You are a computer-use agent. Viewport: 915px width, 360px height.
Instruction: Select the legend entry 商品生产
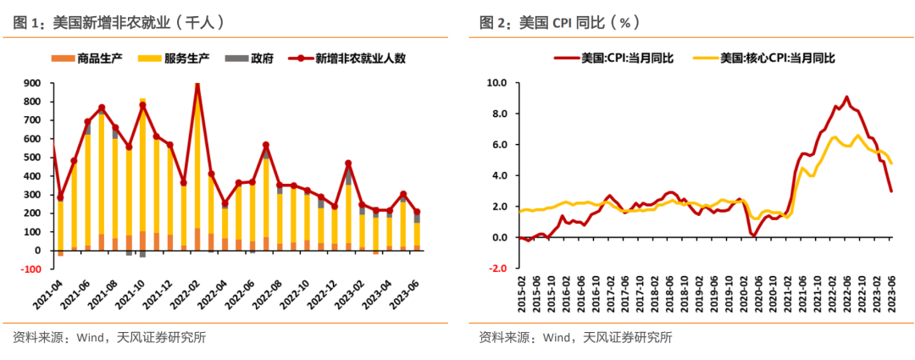(x=92, y=58)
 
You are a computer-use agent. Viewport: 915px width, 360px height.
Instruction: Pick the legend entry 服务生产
(x=178, y=58)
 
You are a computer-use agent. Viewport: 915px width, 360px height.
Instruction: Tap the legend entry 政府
(x=250, y=58)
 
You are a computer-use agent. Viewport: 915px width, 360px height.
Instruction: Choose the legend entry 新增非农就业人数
(x=351, y=58)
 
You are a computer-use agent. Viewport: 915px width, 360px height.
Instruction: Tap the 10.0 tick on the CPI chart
(x=496, y=83)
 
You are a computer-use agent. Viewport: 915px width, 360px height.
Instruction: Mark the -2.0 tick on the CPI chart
(x=496, y=269)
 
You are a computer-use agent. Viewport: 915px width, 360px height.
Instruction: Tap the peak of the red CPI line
(x=846, y=97)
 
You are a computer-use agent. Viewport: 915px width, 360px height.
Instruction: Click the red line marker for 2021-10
(x=142, y=106)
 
